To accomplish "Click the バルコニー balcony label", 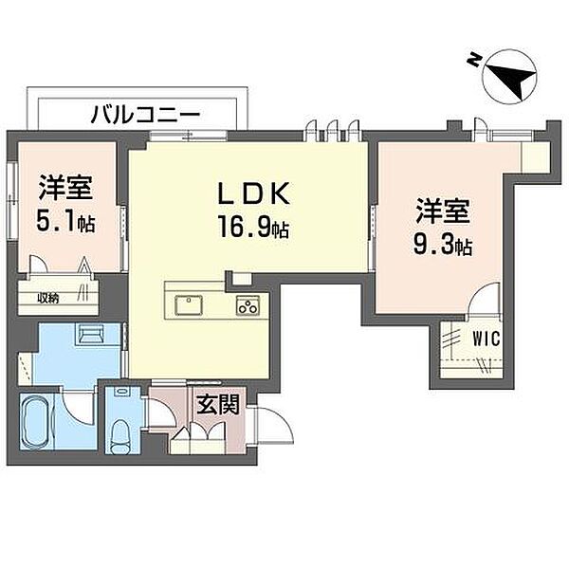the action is [145, 115].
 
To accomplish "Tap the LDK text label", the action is [253, 193].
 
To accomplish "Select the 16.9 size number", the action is [246, 227].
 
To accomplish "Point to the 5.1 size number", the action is [57, 221].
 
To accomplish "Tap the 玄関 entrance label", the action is [218, 404].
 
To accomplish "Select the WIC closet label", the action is [486, 340].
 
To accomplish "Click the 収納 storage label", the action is [48, 299].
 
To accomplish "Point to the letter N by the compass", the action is [473, 61].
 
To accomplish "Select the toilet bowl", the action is [120, 436].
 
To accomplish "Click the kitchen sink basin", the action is [189, 305].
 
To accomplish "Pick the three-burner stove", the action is [248, 305].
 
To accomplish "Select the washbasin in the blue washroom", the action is [90, 334].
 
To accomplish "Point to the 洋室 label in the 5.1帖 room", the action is [65, 187].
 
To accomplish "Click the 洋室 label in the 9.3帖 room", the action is [443, 211].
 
